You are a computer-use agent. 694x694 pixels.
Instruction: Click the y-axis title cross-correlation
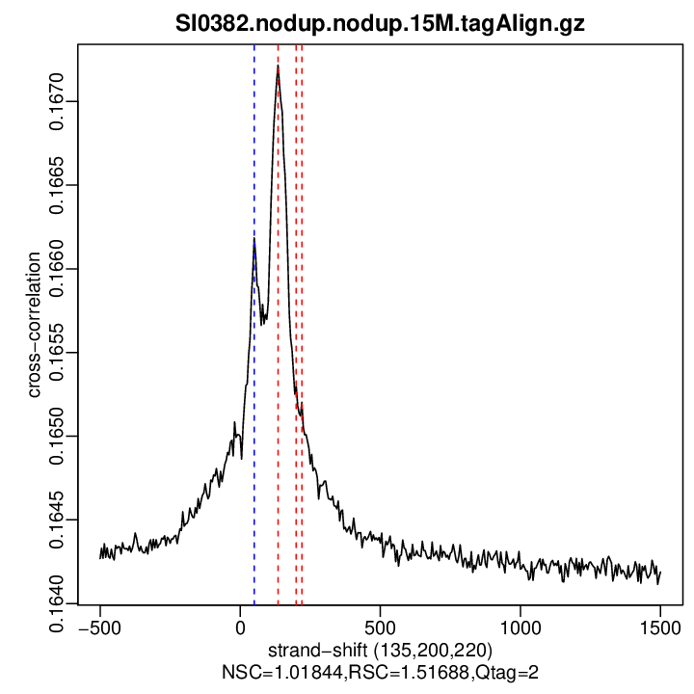point(34,325)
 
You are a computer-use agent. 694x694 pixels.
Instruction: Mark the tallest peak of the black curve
point(278,67)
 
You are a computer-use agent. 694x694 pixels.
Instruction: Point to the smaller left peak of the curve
point(254,239)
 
